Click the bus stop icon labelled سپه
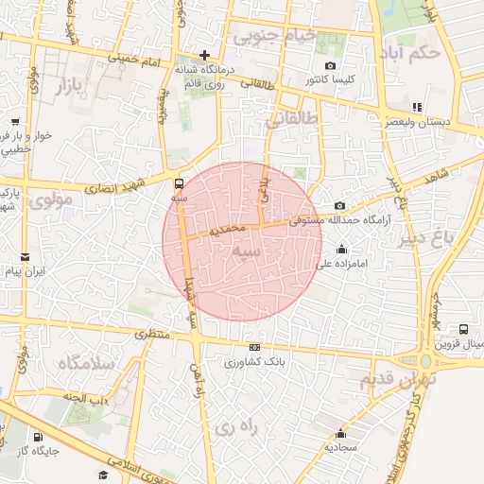tap(180, 183)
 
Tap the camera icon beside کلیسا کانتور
tap(330, 65)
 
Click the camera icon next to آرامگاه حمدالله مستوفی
tap(340, 206)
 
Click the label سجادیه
tap(339, 446)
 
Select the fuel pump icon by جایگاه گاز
tap(37, 437)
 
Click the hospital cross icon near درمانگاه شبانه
tap(204, 55)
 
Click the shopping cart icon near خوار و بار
tap(16, 121)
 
